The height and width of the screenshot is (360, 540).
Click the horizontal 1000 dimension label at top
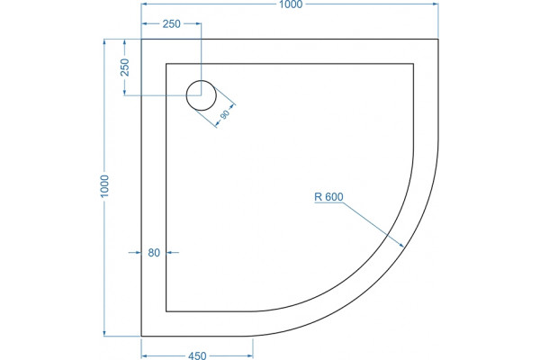(291, 4)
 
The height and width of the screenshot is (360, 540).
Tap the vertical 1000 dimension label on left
(104, 186)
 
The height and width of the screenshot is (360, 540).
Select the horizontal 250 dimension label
(172, 23)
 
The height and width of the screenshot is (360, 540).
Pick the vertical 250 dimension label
(125, 67)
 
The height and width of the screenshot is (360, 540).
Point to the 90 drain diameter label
(224, 114)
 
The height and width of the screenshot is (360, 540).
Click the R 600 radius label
(328, 197)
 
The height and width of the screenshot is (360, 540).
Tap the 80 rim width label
(154, 253)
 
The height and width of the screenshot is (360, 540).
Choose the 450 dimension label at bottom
(197, 355)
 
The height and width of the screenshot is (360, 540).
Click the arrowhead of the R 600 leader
(401, 245)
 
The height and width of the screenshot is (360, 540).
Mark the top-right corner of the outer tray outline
(438, 40)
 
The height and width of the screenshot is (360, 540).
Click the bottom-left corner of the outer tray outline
(141, 336)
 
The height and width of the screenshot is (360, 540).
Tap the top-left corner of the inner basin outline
(166, 64)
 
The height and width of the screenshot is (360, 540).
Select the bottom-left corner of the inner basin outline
(166, 311)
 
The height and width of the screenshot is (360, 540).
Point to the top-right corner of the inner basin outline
(413, 64)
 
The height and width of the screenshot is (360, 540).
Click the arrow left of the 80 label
(135, 253)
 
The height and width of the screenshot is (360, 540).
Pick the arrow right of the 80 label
(173, 253)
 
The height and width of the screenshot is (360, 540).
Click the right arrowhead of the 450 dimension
(250, 355)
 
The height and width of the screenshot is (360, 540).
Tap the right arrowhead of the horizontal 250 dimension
(198, 23)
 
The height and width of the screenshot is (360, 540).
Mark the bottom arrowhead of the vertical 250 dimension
(125, 93)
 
